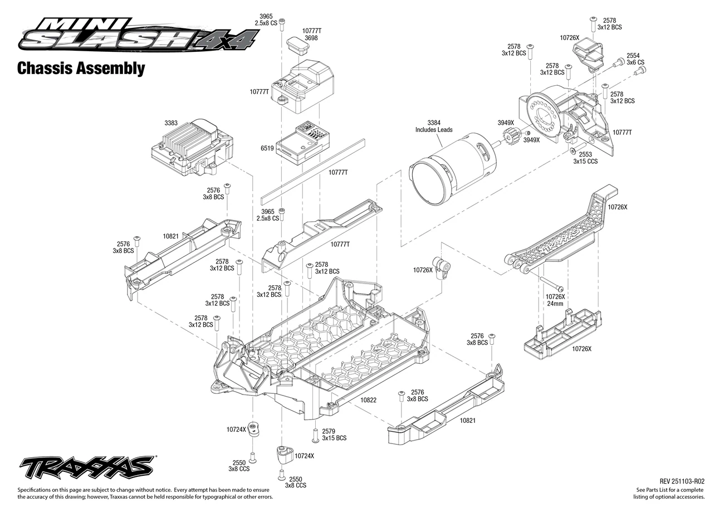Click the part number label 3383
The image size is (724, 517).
(170, 123)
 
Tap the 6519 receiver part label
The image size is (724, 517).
(267, 148)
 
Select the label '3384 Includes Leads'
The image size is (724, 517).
(434, 126)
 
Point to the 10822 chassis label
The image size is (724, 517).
(369, 400)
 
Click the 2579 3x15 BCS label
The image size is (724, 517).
(334, 435)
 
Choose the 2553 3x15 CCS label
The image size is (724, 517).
(585, 158)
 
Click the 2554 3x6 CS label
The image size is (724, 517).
(635, 59)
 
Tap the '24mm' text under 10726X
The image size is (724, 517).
(555, 304)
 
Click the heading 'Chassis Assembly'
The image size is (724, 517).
(81, 68)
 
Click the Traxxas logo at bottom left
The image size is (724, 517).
(87, 467)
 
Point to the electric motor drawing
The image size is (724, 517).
(452, 169)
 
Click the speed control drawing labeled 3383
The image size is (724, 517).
(192, 147)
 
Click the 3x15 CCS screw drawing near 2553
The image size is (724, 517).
(573, 151)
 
